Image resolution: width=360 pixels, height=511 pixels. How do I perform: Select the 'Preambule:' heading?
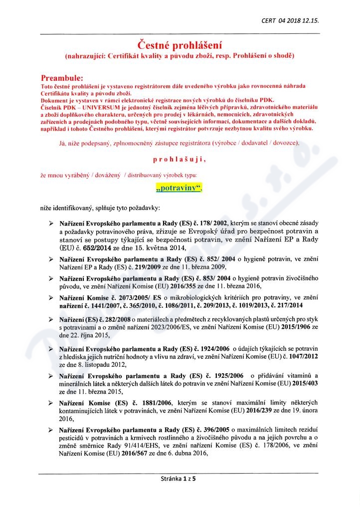point(62,78)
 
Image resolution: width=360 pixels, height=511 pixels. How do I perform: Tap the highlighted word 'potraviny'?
point(180,188)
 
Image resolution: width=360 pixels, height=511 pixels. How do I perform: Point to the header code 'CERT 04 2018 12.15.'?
point(290,20)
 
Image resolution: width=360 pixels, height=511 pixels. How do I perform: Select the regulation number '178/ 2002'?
point(214,223)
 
